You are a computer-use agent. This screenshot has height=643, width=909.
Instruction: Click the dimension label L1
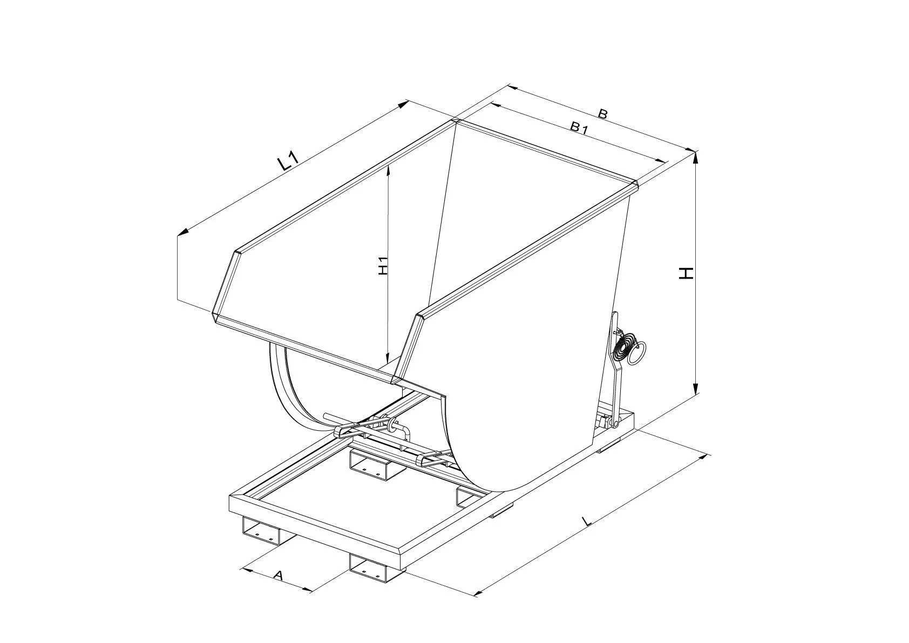288,161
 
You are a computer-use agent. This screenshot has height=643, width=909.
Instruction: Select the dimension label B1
579,128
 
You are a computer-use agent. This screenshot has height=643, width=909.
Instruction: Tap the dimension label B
602,114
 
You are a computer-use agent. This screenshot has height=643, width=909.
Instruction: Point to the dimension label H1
383,266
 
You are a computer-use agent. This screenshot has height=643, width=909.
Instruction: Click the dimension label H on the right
686,273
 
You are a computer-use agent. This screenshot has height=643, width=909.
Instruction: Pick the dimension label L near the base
586,521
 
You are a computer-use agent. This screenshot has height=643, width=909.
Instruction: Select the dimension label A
278,575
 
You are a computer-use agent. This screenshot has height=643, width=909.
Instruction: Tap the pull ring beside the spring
637,353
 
